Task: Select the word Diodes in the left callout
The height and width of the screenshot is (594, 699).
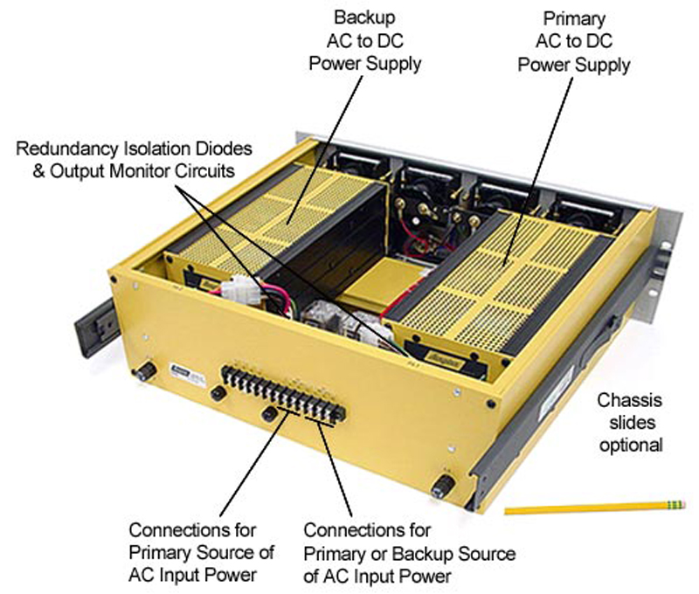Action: (233, 148)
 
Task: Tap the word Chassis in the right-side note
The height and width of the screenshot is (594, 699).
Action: (629, 401)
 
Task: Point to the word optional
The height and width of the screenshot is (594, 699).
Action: (630, 445)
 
